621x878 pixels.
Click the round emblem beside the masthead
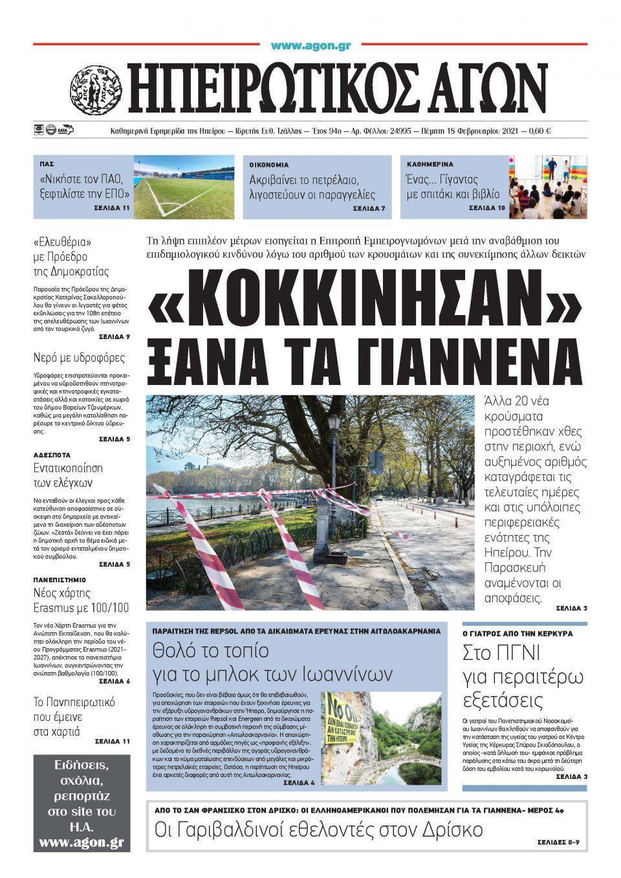pos(95,89)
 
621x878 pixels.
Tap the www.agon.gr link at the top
pos(310,45)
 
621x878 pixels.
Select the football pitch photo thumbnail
pos(184,186)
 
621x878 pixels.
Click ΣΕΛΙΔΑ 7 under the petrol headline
pos(369,209)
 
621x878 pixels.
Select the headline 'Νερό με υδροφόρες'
pos(79,358)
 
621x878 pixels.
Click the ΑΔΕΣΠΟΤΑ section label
pos(52,455)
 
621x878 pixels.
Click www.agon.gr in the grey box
pos(81,842)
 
